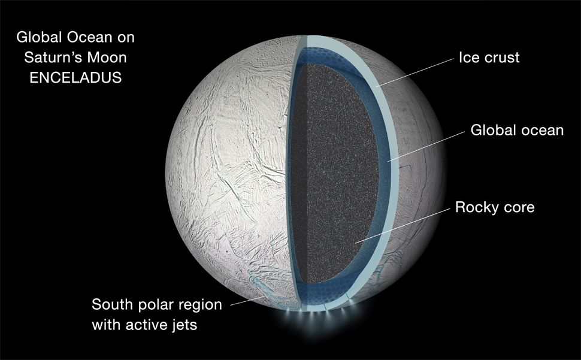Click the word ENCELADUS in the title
(x=75, y=78)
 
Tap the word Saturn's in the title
(x=56, y=58)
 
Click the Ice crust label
(x=489, y=58)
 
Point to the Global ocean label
(x=517, y=131)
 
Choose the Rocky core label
(x=495, y=207)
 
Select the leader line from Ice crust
(x=414, y=72)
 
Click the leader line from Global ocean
(x=426, y=147)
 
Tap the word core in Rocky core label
(x=519, y=208)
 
